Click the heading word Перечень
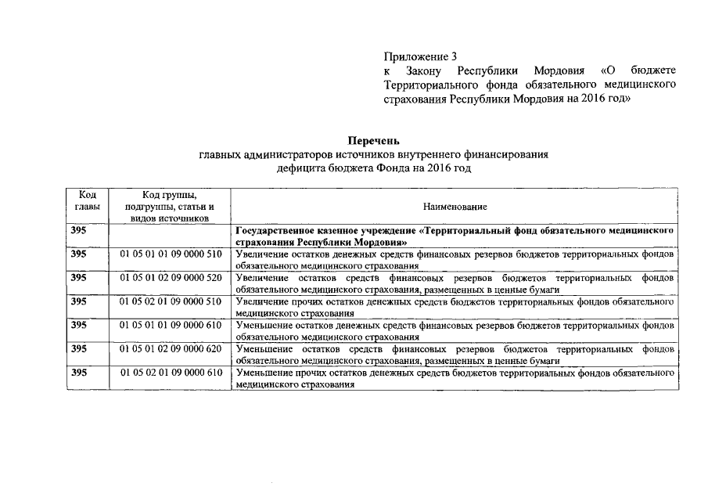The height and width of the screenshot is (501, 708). click(374, 141)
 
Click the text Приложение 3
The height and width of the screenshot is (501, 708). click(420, 57)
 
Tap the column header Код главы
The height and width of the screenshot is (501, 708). click(87, 200)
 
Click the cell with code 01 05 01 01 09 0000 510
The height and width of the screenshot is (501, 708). click(171, 254)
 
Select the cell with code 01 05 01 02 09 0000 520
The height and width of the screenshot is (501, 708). click(171, 278)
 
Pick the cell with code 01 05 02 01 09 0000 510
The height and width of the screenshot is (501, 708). click(171, 301)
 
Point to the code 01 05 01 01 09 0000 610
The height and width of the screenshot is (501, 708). click(171, 324)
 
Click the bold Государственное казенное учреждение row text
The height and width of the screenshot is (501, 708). click(455, 237)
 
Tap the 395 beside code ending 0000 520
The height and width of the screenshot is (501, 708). click(79, 278)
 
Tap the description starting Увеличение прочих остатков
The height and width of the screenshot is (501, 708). click(455, 306)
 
